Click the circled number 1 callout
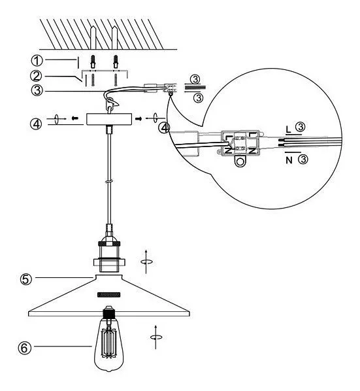tap(37, 61)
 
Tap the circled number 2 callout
tap(36, 76)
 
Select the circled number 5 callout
tap(26, 279)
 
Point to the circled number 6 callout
tap(24, 348)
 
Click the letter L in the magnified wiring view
tap(288, 129)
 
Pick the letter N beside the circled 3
tap(289, 160)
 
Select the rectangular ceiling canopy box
tap(109, 119)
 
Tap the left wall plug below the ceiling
tap(93, 61)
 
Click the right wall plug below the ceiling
tap(116, 61)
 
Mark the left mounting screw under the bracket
tap(93, 80)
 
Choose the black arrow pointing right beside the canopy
tap(139, 119)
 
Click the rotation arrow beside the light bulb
tap(156, 337)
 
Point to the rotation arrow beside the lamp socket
tap(146, 262)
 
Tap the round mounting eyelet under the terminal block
tap(240, 161)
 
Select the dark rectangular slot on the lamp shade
tap(109, 294)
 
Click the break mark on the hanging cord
tap(109, 182)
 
